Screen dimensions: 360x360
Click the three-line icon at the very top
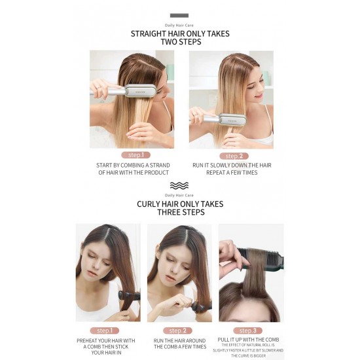pos(179,15)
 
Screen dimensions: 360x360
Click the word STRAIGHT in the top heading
pos(149,34)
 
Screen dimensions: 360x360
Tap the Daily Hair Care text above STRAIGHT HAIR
pos(179,25)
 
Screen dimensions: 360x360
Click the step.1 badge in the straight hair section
pos(135,155)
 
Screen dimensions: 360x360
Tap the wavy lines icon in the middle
pos(179,185)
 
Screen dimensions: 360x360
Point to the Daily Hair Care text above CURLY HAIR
pos(179,195)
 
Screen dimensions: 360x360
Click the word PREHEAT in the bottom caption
pos(90,340)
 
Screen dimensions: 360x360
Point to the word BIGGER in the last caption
pos(271,356)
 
